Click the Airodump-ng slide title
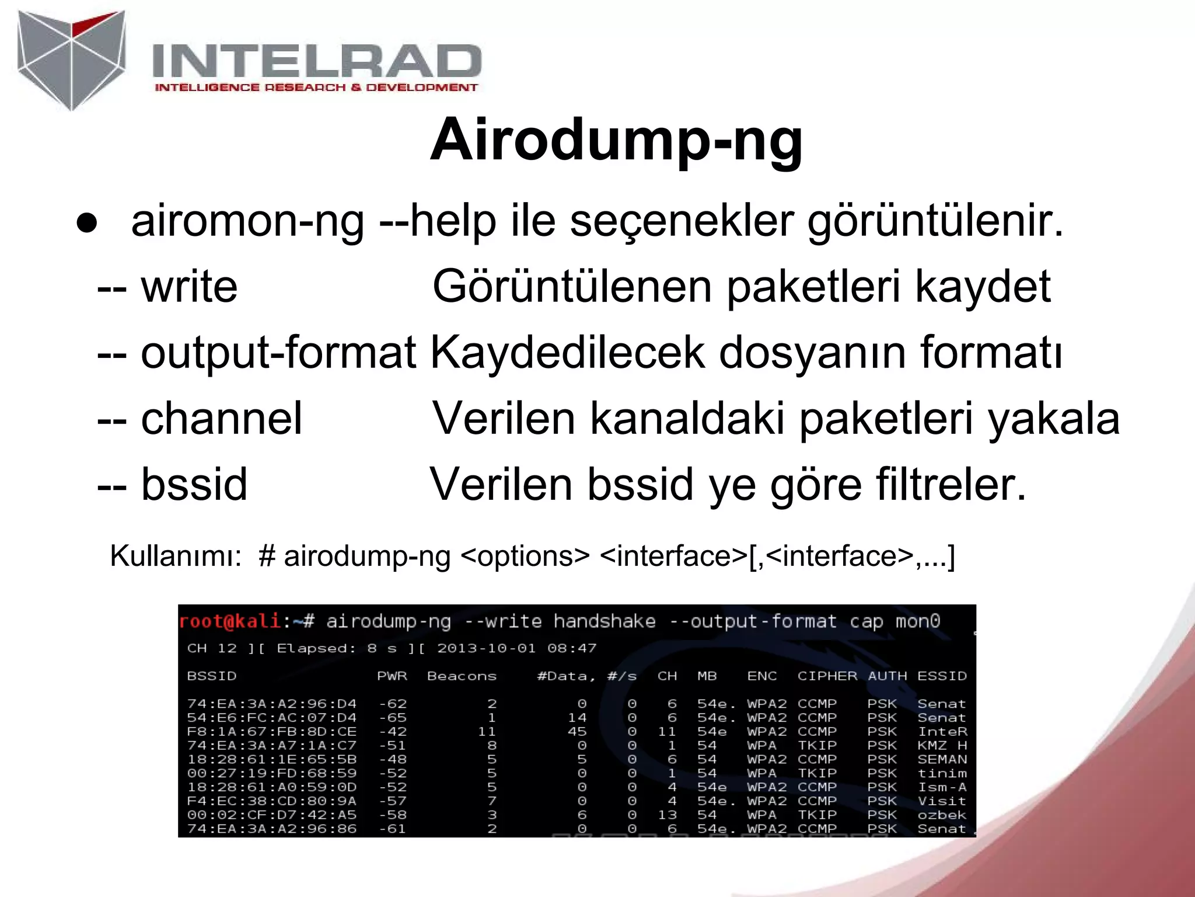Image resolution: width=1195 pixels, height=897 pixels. coord(616,140)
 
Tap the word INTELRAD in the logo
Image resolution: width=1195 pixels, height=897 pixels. coord(316,61)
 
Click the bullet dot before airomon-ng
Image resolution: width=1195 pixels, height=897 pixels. coord(87,224)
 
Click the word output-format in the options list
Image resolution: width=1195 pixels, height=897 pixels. coord(278,353)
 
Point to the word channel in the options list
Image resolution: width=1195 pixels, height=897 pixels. coord(221,418)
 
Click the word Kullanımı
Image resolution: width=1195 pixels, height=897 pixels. coord(176,556)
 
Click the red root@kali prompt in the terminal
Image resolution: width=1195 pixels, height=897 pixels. coord(230,621)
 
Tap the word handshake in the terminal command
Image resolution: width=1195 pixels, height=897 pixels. coord(604,621)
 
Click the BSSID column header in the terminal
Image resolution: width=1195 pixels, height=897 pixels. coord(211,676)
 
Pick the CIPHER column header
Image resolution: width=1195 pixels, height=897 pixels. coord(827,676)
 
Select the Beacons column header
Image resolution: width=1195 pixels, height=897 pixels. coord(462,676)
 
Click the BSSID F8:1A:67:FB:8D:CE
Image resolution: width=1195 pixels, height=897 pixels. coord(271,732)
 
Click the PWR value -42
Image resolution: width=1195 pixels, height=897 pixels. coord(393,732)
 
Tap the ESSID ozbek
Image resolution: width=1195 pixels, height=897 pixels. coord(941,815)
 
